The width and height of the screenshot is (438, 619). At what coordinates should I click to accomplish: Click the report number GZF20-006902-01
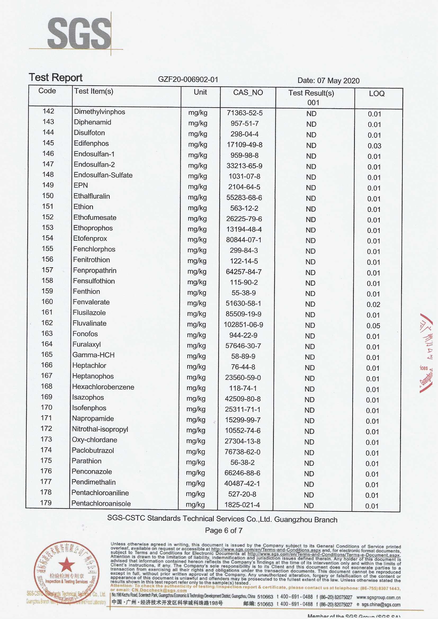[188, 79]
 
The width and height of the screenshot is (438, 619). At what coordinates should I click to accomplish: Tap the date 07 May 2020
[338, 80]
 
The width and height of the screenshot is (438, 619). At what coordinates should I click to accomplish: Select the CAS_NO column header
[248, 92]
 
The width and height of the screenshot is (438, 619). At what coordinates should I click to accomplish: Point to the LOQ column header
[377, 93]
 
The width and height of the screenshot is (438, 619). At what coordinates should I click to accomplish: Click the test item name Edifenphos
[91, 143]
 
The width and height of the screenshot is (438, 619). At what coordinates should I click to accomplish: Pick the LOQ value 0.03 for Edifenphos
[374, 146]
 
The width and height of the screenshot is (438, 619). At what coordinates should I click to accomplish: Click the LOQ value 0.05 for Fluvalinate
[373, 326]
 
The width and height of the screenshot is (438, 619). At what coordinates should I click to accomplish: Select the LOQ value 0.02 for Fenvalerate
[373, 304]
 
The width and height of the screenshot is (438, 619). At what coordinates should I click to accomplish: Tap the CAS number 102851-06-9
[243, 325]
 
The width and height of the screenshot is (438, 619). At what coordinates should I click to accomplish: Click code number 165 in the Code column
[47, 354]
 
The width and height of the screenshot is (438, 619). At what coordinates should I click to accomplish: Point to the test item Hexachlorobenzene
[103, 387]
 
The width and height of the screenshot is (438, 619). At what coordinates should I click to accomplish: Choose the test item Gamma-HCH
[93, 355]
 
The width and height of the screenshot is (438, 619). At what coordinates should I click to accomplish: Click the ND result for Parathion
[309, 463]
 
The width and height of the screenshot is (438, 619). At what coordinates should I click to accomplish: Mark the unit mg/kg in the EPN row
[198, 187]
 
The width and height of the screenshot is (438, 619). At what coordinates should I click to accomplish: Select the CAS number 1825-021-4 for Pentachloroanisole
[242, 505]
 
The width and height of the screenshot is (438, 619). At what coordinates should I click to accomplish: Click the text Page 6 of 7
[224, 530]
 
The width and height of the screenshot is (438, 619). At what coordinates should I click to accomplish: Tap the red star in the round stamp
[67, 564]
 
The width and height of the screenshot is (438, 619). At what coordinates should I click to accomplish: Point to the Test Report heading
[56, 77]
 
